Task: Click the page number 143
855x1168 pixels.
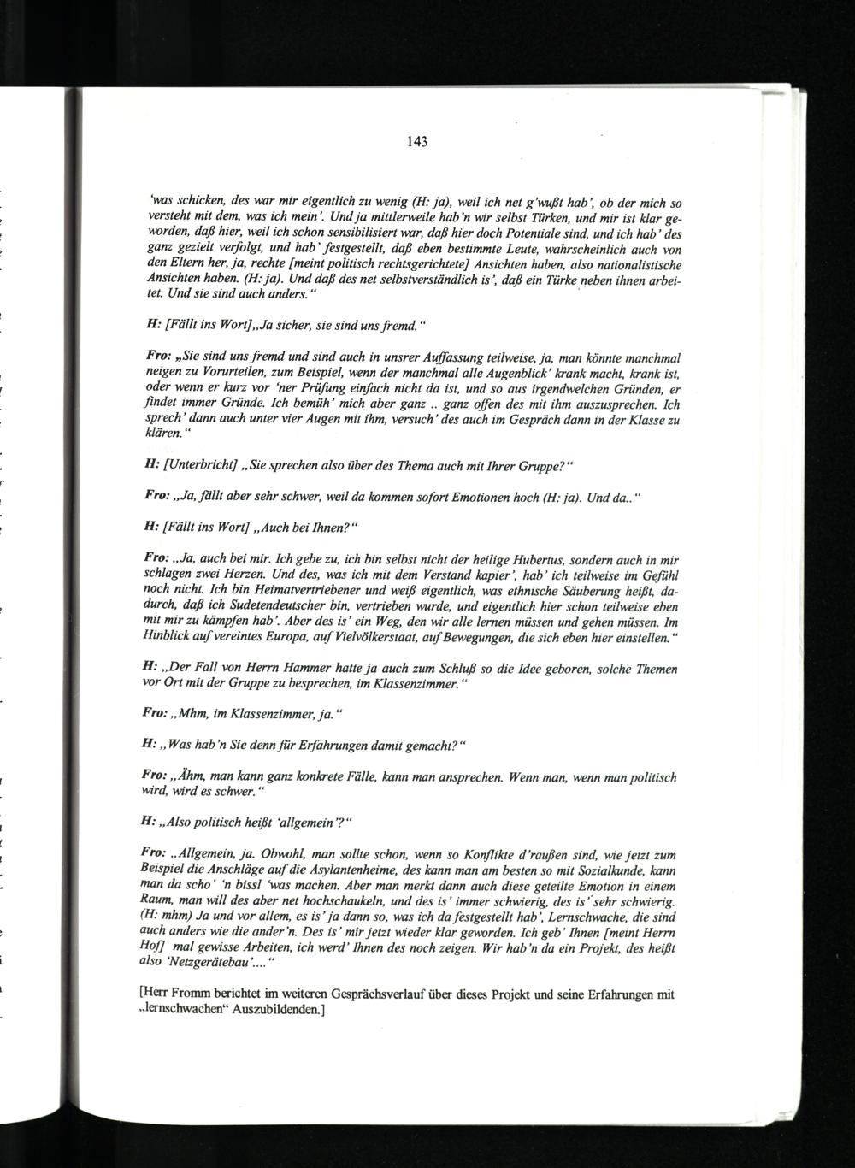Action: click(416, 142)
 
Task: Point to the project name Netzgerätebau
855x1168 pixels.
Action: click(212, 963)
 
